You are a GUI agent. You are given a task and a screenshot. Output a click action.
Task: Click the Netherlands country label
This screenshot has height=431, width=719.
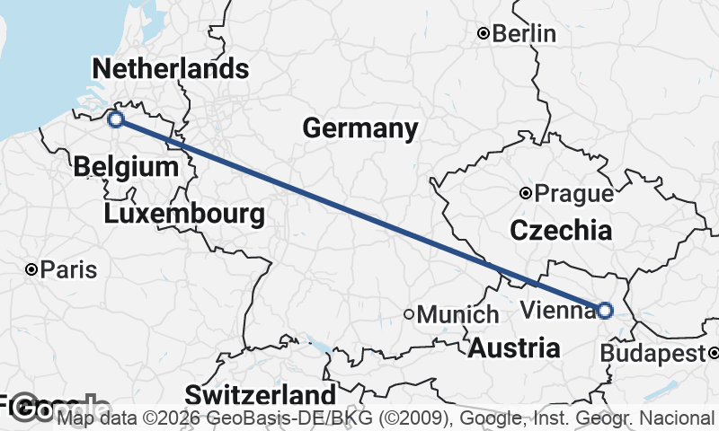pos(170,68)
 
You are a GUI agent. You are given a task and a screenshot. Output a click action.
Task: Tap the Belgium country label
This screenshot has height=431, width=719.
pos(126,166)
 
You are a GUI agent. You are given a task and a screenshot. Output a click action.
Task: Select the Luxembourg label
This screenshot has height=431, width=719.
pos(184,215)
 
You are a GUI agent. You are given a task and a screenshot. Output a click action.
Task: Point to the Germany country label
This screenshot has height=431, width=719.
pos(359,128)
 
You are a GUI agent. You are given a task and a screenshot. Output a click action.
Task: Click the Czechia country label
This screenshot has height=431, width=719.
pos(561,231)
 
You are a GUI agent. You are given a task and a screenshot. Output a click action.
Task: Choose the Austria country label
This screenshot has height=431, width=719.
pos(513,347)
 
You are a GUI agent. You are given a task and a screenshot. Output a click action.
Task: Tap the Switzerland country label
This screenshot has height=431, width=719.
pos(261,395)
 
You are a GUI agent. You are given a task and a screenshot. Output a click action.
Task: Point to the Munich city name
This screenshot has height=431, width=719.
pos(457,315)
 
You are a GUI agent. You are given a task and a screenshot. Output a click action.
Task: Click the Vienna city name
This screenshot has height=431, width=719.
pos(557,311)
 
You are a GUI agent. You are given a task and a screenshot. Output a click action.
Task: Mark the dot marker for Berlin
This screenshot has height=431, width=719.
pos(484,34)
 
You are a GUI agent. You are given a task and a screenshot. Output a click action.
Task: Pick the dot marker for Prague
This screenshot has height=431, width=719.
pos(526,193)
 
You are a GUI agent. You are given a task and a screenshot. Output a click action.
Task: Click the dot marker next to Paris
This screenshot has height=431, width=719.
pos(31,269)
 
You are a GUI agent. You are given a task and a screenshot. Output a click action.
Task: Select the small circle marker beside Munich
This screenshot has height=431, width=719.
pos(409,315)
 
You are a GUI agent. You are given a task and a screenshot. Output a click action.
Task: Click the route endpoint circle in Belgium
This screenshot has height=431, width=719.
pos(115,119)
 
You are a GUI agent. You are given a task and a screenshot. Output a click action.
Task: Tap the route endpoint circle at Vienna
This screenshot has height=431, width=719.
pos(604,311)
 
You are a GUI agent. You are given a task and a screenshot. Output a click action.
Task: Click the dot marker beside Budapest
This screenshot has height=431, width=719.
pos(711,353)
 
